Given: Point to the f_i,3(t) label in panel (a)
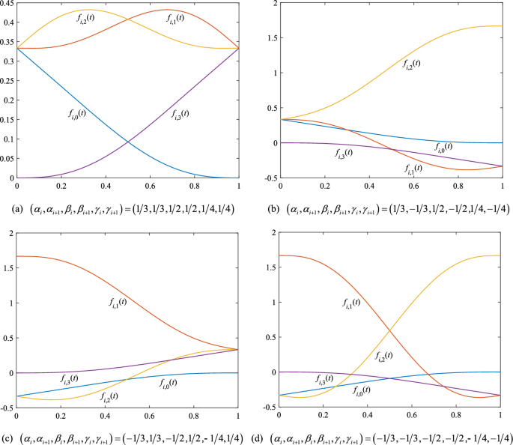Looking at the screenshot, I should pos(176,113).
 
